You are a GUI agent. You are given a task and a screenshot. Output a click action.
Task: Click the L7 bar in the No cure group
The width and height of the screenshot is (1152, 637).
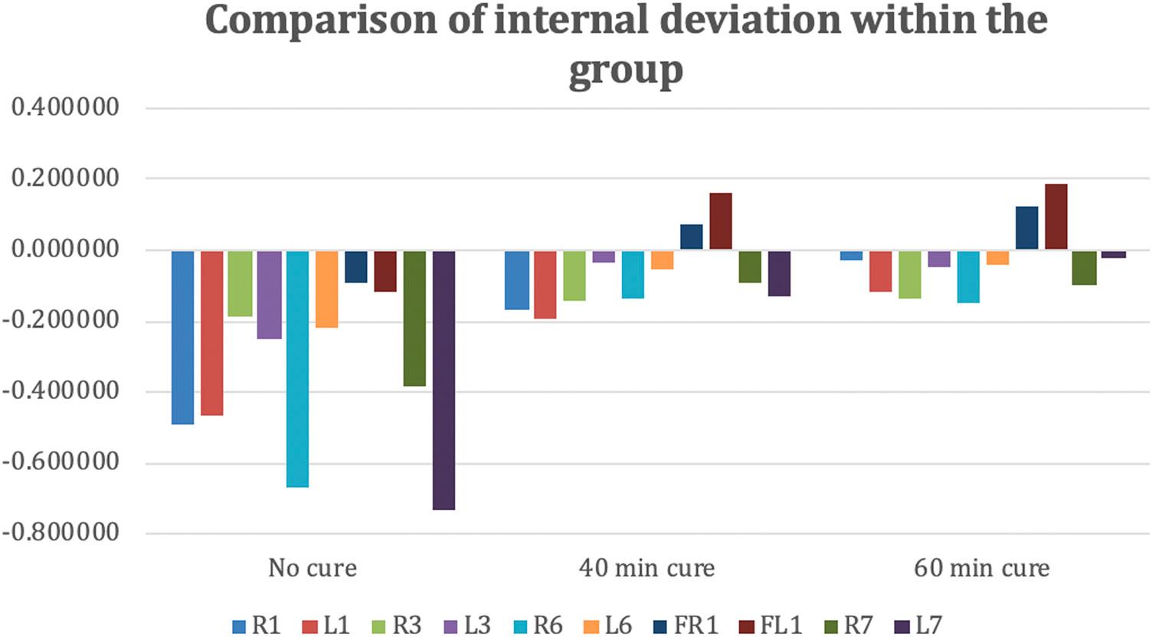point(443,380)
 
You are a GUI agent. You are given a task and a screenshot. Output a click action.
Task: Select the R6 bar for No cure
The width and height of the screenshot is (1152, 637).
point(297,368)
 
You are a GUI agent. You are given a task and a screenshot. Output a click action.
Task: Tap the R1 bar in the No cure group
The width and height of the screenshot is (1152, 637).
point(182,337)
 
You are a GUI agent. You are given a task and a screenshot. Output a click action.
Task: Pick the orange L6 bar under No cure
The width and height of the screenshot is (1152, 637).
point(326,289)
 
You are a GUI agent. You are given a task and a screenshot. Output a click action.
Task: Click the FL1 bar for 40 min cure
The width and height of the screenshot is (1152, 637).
point(721,221)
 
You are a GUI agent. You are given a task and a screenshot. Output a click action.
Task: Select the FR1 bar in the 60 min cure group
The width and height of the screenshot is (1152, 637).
point(1026,228)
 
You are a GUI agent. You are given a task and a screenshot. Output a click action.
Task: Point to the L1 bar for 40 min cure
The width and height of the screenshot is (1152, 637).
point(545,284)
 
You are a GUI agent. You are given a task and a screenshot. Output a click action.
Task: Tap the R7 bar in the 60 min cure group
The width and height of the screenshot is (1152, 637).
point(1084,267)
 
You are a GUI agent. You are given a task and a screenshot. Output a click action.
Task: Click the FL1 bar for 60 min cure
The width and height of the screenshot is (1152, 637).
point(1055,217)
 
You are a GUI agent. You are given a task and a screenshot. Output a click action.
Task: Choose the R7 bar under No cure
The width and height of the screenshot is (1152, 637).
point(414,318)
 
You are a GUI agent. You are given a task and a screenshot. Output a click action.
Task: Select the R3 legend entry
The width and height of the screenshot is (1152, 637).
point(397,625)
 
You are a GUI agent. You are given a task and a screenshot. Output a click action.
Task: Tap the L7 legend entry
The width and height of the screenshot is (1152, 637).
point(918,625)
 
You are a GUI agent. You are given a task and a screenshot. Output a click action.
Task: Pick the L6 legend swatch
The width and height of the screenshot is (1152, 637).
point(591,626)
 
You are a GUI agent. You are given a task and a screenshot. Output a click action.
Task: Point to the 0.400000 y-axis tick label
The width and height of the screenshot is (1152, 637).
point(66,107)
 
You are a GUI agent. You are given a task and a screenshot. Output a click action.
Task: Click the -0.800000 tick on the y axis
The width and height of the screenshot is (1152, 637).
point(61,533)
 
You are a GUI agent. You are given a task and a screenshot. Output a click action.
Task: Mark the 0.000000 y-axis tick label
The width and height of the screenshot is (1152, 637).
point(66,250)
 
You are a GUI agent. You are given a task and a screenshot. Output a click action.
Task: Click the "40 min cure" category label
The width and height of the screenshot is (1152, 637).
point(647,568)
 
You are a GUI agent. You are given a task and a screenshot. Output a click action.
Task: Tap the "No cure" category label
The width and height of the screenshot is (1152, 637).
point(313,568)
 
